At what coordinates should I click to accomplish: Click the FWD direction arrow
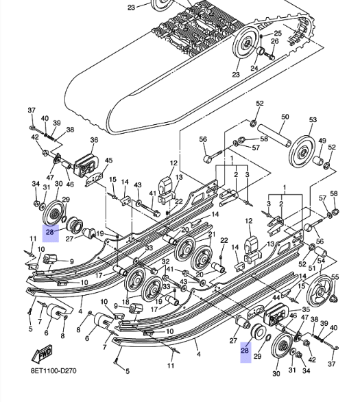pos(42,354)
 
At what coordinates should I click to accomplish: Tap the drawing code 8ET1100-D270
pos(53,370)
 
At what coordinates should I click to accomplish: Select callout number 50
pos(285,117)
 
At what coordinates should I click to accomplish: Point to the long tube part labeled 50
pos(274,135)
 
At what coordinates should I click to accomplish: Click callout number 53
pos(313,119)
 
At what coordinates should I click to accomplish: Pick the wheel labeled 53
pos(302,151)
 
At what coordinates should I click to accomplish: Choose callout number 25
pos(278,33)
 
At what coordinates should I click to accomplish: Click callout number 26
pos(275,41)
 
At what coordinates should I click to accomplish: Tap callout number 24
pos(254,68)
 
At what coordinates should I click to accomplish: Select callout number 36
pos(94,140)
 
